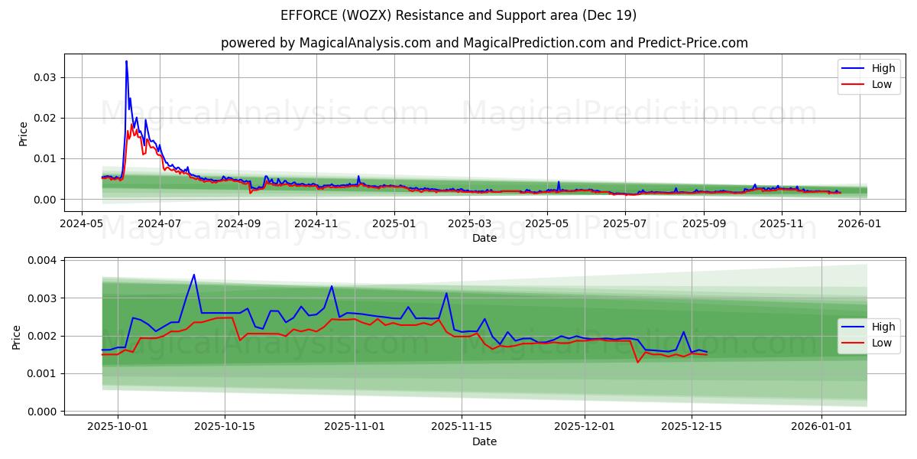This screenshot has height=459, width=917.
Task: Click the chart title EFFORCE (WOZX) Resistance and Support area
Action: (458, 15)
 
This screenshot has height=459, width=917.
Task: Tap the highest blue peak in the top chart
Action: (126, 61)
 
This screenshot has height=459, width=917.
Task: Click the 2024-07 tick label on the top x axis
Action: (160, 223)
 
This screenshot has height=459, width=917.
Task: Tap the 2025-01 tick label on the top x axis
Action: (394, 223)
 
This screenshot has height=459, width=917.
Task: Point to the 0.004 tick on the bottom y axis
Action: (43, 260)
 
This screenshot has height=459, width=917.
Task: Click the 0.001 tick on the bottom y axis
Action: (43, 374)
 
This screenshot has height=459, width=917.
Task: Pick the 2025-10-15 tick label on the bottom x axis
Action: (225, 427)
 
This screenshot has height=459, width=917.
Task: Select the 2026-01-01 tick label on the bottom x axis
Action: (821, 427)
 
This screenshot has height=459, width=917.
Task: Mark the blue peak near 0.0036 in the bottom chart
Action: (194, 275)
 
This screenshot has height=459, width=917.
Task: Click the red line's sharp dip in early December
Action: (638, 362)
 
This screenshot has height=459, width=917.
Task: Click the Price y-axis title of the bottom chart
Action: (17, 337)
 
